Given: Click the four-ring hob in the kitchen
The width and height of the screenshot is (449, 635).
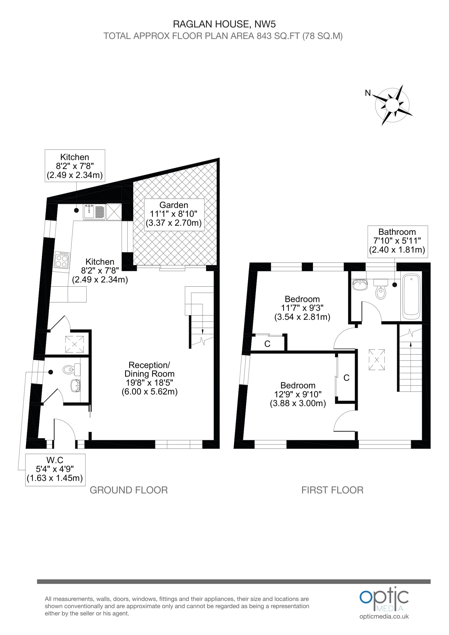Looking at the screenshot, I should click(x=62, y=260).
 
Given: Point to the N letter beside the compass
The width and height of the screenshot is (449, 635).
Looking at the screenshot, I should click(x=368, y=93).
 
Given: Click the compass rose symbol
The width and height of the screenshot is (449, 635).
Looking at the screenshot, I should click(x=392, y=105).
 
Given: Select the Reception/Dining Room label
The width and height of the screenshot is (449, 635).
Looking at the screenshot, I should click(x=150, y=378).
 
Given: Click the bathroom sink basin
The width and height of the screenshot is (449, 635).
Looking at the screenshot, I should click(x=360, y=285).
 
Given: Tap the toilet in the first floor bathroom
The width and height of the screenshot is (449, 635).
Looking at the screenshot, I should click(x=381, y=290).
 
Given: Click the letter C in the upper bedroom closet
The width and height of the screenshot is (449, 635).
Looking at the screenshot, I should click(x=267, y=344).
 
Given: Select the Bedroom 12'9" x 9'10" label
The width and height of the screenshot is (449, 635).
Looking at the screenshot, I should click(x=298, y=394).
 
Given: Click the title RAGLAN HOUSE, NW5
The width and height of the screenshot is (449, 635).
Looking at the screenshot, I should click(x=224, y=24).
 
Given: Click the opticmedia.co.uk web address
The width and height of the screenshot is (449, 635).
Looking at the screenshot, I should click(x=384, y=617).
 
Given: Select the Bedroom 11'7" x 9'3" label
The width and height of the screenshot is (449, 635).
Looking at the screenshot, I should click(x=302, y=308).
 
